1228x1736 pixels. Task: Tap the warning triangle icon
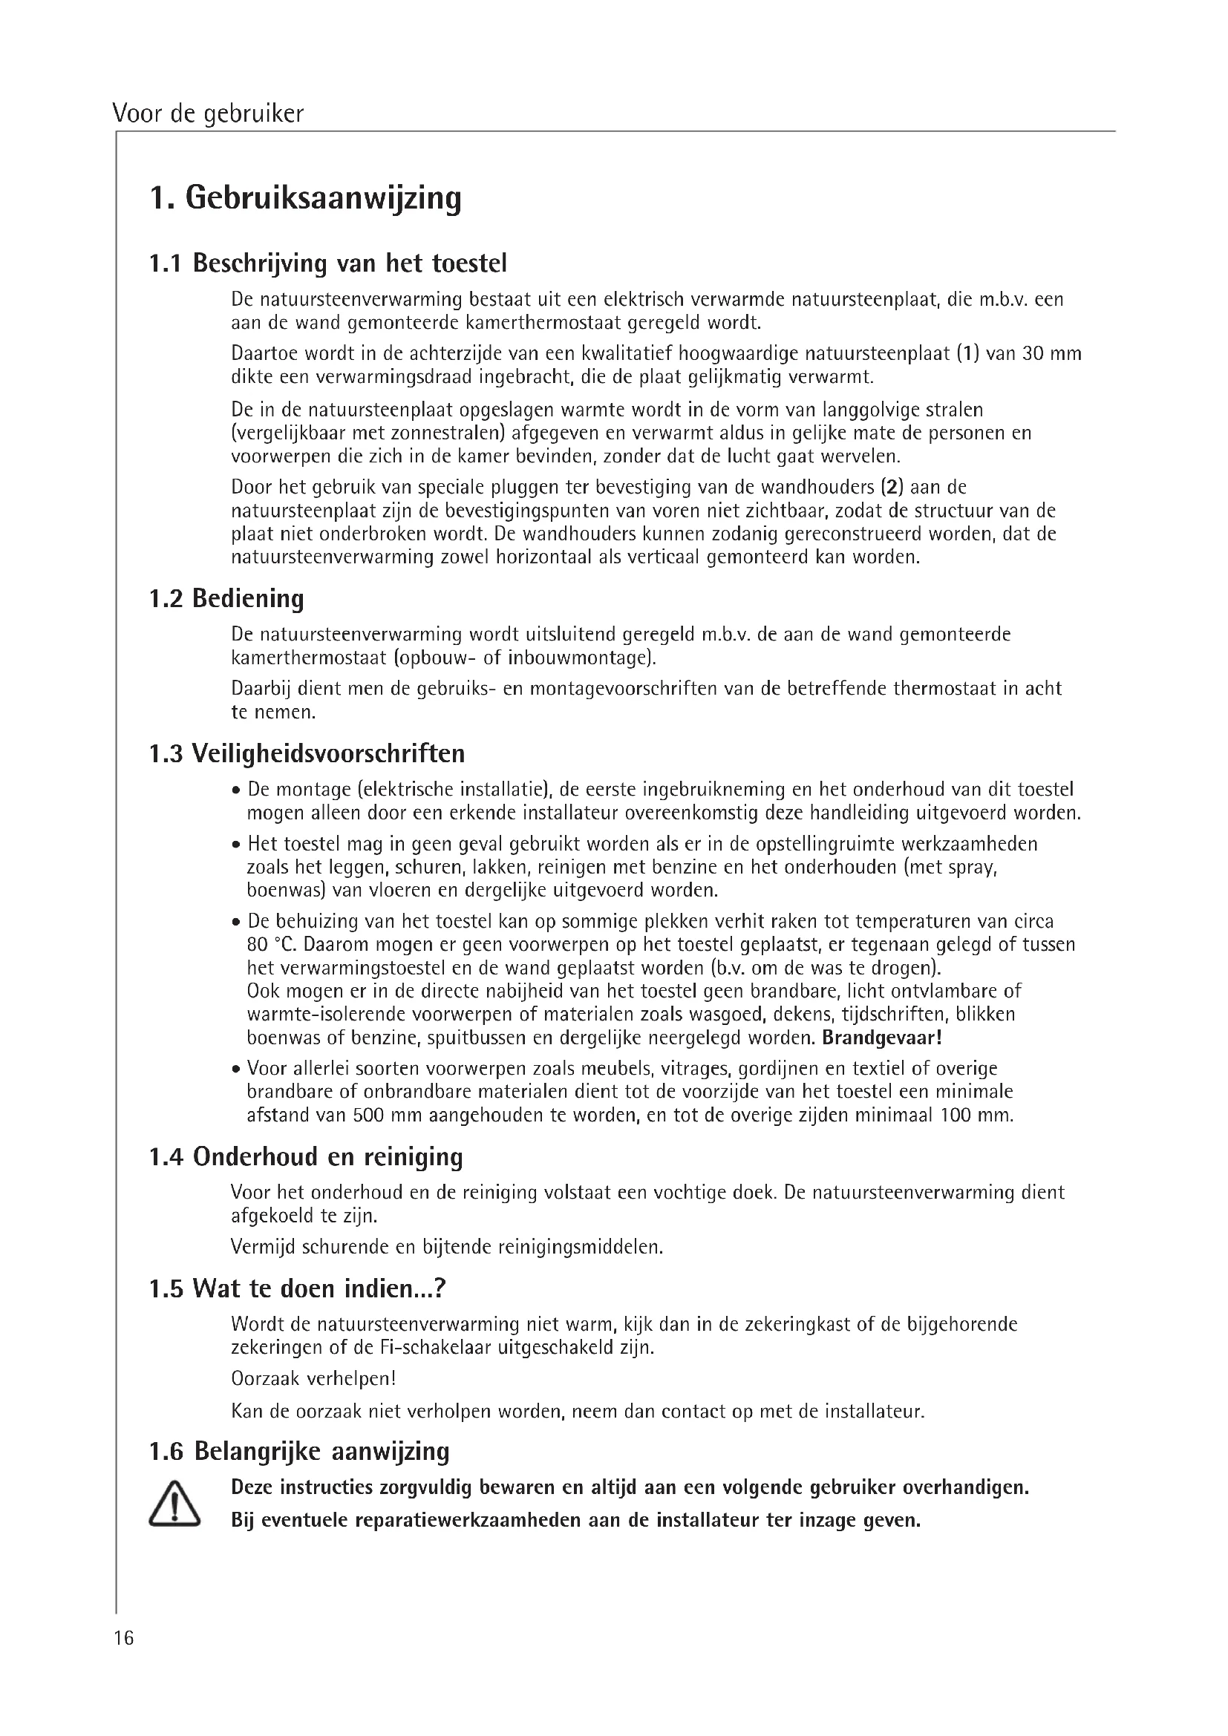click(174, 1504)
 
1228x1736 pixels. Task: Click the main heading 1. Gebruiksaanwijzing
click(305, 199)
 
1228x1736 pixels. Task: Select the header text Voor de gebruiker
click(208, 114)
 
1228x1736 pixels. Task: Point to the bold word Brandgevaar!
click(882, 1038)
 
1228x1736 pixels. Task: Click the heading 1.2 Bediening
click(226, 598)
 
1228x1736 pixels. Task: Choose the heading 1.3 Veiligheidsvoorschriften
click(307, 754)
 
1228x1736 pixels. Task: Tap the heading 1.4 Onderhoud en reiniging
click(306, 1157)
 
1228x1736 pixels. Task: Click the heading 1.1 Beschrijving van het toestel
click(328, 263)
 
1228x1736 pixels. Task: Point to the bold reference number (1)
click(968, 354)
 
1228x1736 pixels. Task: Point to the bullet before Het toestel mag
click(237, 845)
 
